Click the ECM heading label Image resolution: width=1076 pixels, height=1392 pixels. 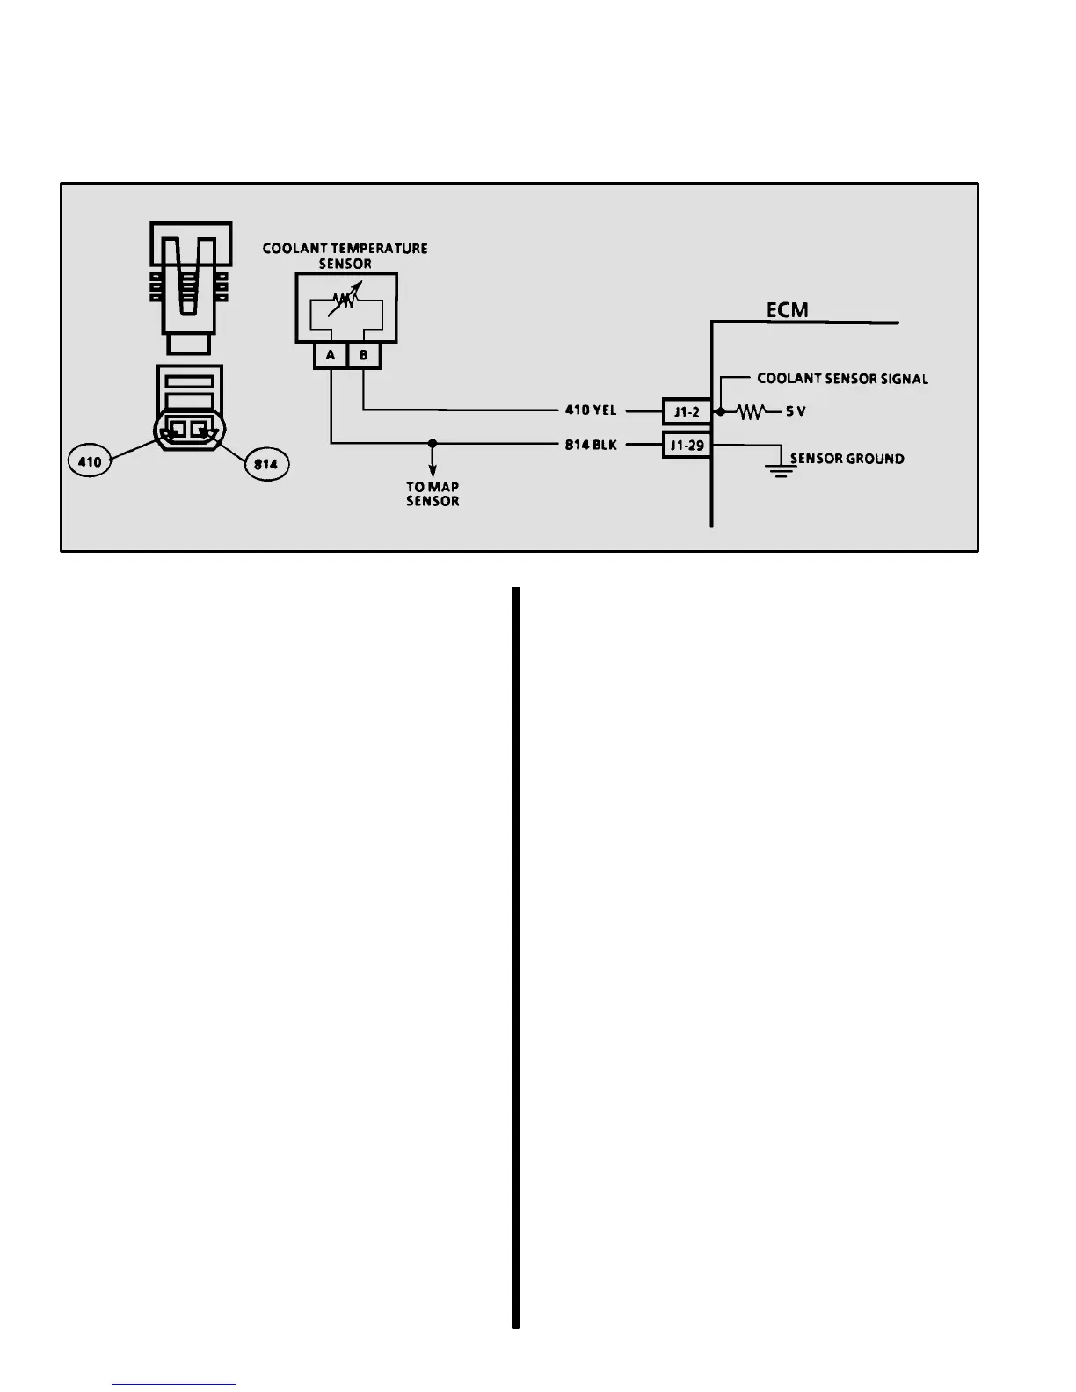[x=787, y=309]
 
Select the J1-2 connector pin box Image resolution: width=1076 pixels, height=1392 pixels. [x=687, y=411]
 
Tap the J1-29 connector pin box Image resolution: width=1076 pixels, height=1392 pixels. [x=687, y=446]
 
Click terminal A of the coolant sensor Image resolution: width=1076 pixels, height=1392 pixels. [x=331, y=355]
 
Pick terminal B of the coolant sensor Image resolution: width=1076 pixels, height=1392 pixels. [x=364, y=355]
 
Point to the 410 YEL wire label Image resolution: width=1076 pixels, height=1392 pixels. [x=590, y=410]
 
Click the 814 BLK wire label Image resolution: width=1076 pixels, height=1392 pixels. [x=590, y=445]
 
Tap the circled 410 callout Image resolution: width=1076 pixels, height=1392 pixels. [x=90, y=461]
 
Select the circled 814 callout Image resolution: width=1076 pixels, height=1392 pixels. [x=265, y=463]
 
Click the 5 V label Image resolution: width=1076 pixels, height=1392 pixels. [x=796, y=411]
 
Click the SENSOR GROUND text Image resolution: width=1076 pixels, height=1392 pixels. [x=847, y=459]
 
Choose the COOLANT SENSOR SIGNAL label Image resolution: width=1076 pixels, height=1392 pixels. [x=842, y=379]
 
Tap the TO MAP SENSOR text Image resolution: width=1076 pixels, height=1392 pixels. [x=433, y=494]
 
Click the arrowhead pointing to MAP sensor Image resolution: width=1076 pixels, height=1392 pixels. [x=433, y=471]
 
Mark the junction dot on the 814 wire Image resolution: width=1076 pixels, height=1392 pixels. [x=433, y=444]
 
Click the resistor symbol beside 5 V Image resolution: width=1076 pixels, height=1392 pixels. [x=751, y=411]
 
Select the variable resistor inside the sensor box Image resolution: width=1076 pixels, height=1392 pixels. [x=345, y=304]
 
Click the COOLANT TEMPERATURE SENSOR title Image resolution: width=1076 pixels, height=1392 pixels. [x=345, y=256]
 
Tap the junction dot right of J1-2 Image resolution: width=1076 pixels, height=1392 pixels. [x=721, y=411]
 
